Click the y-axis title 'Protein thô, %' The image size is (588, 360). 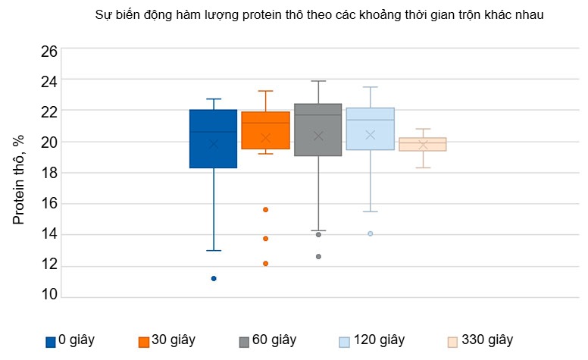tap(19, 180)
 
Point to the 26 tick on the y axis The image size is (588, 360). tap(48, 51)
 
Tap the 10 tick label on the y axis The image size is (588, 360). tap(48, 296)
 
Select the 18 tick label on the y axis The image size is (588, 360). tap(48, 173)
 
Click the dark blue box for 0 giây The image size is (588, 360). tap(213, 139)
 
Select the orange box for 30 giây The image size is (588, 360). tap(265, 130)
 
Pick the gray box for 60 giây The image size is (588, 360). tap(317, 130)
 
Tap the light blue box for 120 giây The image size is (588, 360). tap(370, 129)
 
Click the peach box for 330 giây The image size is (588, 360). tap(423, 144)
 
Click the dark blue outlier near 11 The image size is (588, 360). tap(214, 278)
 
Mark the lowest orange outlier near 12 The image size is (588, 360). tap(266, 264)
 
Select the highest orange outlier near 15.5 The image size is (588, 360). tap(266, 209)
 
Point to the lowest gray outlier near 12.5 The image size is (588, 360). tap(318, 256)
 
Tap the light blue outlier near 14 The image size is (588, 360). tap(370, 233)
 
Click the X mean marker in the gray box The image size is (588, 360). tap(318, 136)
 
